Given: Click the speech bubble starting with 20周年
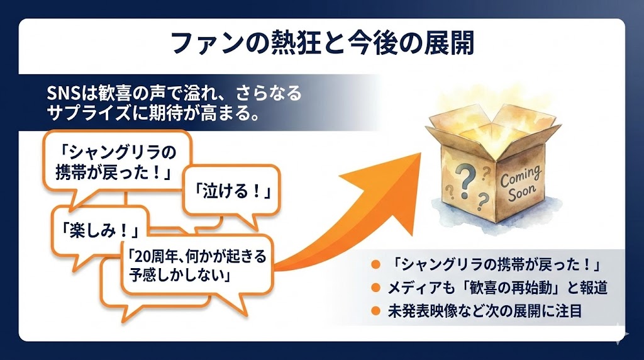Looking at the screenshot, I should (x=196, y=265).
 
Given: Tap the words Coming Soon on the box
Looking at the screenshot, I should (x=520, y=181).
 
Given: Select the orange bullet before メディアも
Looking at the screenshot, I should (x=375, y=288).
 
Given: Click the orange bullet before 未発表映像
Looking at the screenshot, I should (x=375, y=310).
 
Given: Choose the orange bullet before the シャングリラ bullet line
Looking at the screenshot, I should (x=375, y=264).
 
